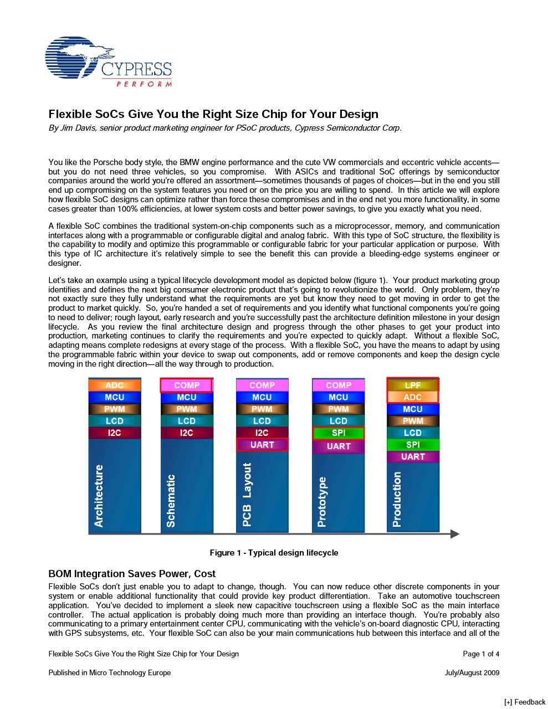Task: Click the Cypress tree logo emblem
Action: click(x=75, y=57)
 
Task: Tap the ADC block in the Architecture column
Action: click(x=115, y=385)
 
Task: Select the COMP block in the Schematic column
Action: click(x=187, y=385)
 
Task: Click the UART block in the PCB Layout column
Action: click(x=262, y=445)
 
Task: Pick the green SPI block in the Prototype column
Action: click(x=339, y=433)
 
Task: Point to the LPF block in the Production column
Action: click(x=413, y=385)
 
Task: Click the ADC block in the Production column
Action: click(x=413, y=397)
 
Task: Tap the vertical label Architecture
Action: click(x=99, y=496)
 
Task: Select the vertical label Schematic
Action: click(x=171, y=501)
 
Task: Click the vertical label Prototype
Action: click(x=322, y=502)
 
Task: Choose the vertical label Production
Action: click(x=397, y=499)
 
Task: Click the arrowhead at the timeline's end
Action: click(x=455, y=534)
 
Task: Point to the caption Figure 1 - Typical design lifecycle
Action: click(x=274, y=553)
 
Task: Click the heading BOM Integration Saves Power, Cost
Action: click(x=132, y=574)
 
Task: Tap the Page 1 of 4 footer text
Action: click(x=481, y=654)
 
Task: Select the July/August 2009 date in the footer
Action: click(x=472, y=672)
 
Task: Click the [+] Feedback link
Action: click(x=525, y=702)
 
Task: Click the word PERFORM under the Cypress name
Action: click(x=144, y=84)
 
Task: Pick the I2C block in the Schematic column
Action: click(x=187, y=433)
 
